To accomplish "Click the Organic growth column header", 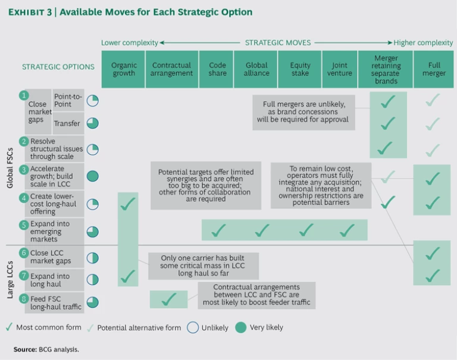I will tap(124, 70).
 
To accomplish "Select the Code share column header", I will tap(217, 70).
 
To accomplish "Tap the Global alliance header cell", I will tap(256, 70).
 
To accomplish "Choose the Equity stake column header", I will tap(300, 70).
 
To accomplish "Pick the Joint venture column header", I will tap(339, 70).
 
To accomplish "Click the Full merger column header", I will tap(434, 70).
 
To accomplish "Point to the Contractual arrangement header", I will tap(171, 70).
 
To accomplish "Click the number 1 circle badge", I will tap(24, 95).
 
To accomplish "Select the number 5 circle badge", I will tap(24, 225).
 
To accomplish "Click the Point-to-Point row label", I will tap(67, 100).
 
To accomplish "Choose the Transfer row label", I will tap(67, 123).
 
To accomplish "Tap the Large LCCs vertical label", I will tap(10, 276).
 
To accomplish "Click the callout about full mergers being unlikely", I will tap(303, 111).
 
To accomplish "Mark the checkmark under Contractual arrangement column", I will tap(169, 299).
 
